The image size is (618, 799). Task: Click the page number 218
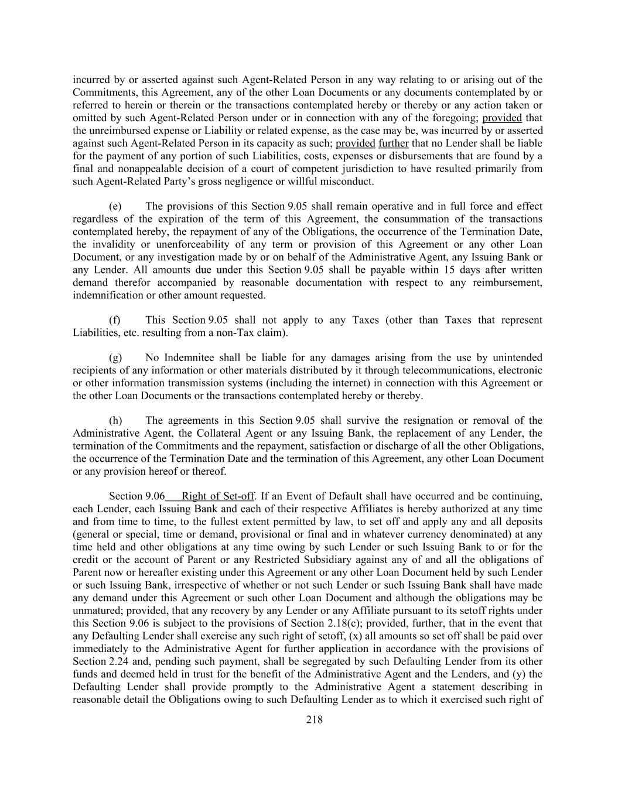coord(314,720)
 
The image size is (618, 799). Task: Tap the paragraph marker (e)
coord(115,207)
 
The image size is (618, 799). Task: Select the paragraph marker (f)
coord(115,320)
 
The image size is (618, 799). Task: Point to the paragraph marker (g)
coord(115,358)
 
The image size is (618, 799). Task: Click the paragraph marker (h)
coord(115,421)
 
